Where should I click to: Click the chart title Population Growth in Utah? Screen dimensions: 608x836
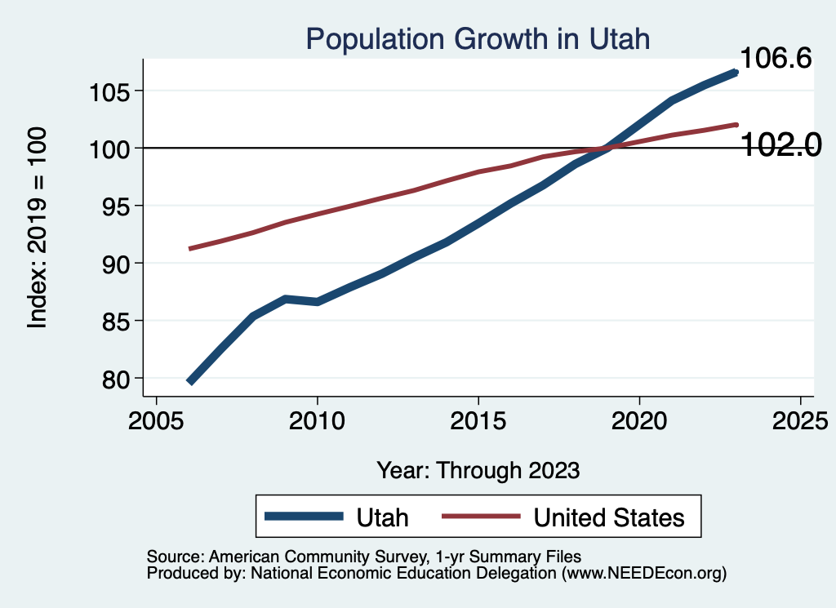pos(478,38)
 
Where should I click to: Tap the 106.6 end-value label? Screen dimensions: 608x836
pos(775,58)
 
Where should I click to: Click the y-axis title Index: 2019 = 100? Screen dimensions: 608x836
pos(38,227)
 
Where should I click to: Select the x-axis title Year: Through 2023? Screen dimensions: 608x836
pos(478,470)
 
